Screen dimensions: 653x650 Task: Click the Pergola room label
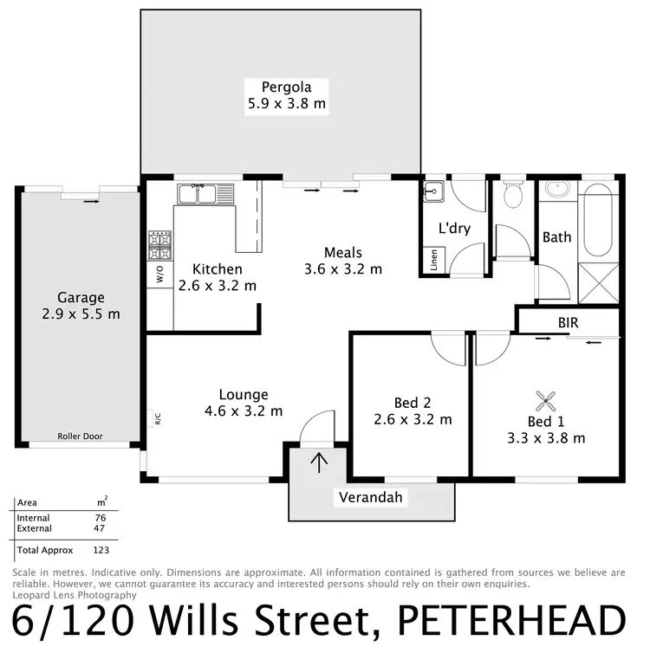[286, 87]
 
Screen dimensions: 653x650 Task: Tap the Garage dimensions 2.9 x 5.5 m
[75, 314]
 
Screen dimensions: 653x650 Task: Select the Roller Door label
[80, 436]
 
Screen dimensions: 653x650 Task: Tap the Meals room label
[342, 252]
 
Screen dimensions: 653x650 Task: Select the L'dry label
[453, 230]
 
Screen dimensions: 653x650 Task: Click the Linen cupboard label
[433, 260]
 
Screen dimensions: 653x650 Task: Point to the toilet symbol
[512, 197]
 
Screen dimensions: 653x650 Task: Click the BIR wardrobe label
[569, 322]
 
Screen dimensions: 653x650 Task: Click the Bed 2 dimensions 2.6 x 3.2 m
[412, 419]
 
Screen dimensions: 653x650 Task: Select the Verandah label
[371, 497]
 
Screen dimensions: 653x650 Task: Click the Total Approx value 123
[101, 550]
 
